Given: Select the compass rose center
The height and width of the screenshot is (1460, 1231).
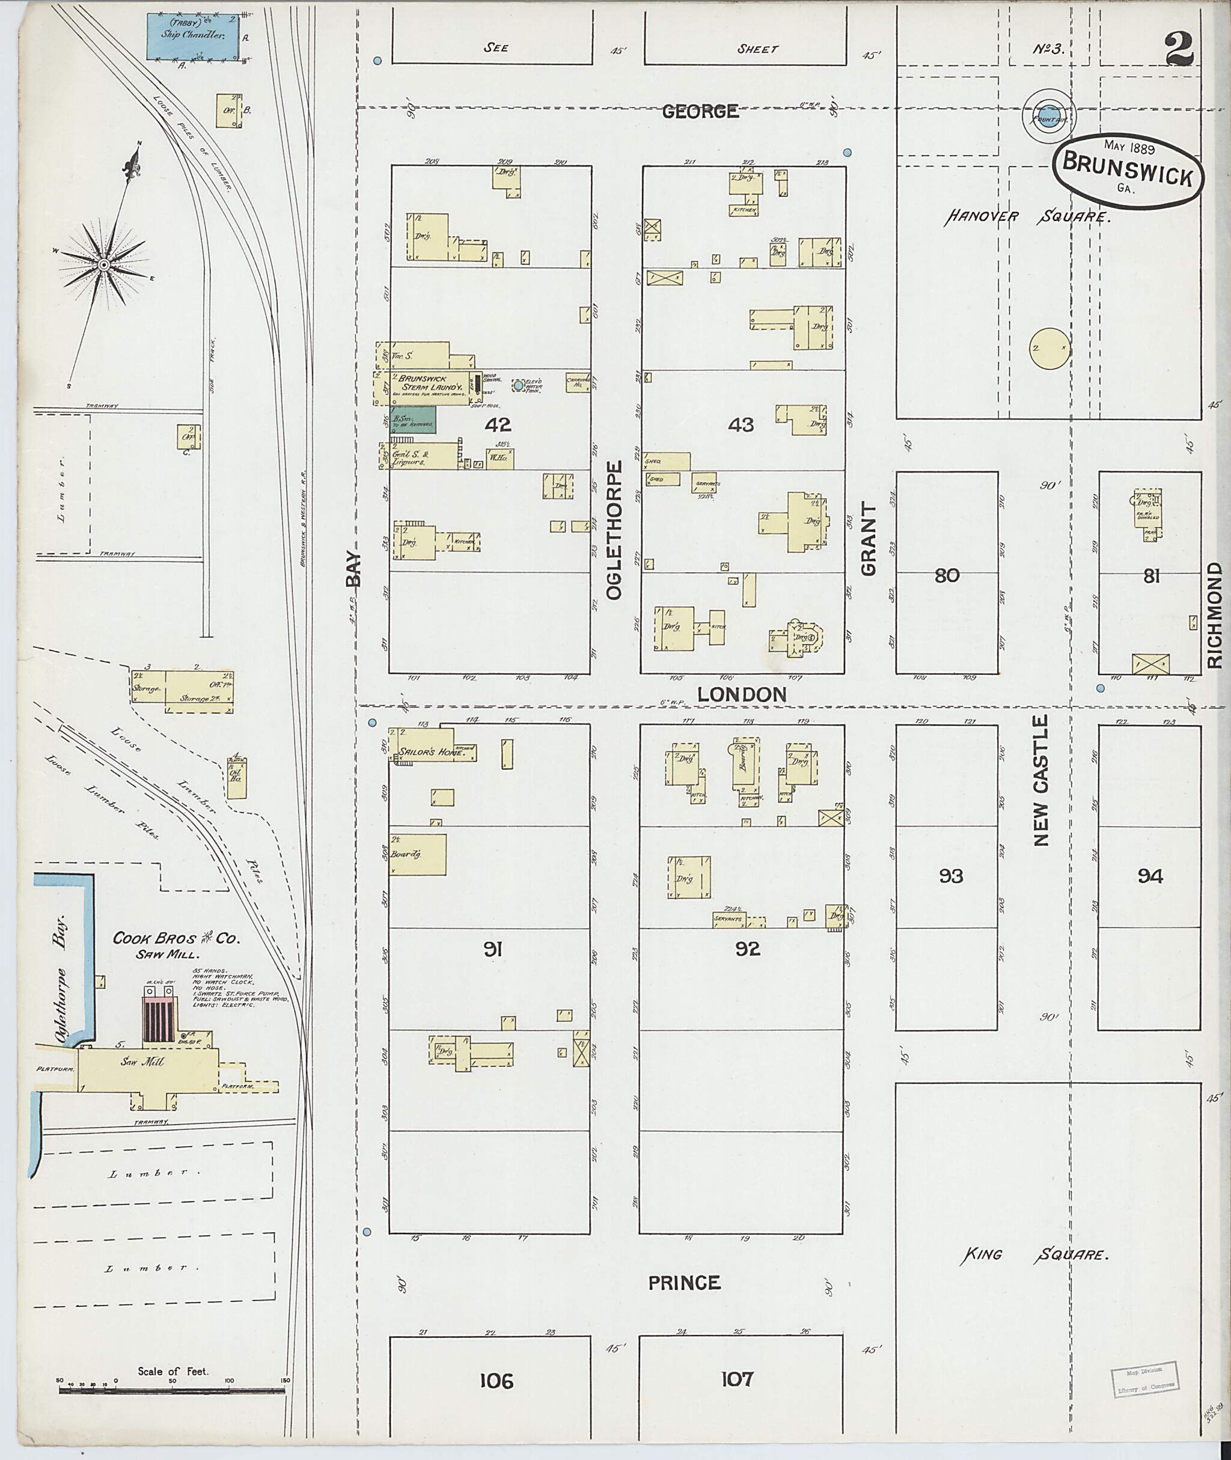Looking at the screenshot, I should coord(103,264).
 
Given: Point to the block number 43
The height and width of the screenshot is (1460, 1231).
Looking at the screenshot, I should coord(741,424).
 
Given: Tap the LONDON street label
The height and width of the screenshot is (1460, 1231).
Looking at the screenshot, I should coord(742,694).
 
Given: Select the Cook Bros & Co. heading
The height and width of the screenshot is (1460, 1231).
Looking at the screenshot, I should coord(177,939).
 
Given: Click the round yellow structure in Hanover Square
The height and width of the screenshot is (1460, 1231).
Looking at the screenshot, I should coord(1049,347).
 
